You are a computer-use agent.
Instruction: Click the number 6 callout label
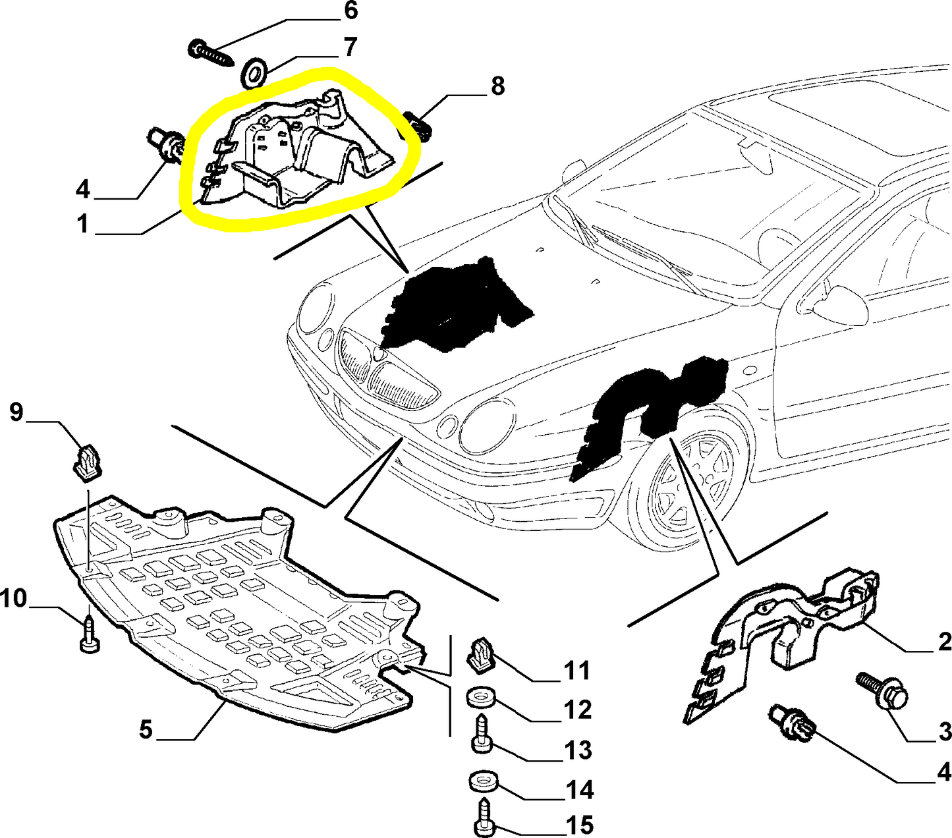tap(350, 11)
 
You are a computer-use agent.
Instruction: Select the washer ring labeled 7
tap(254, 72)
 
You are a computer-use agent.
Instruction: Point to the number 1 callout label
tap(82, 224)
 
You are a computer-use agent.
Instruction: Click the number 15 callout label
tap(578, 825)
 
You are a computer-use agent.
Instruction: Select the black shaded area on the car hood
tap(455, 303)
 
